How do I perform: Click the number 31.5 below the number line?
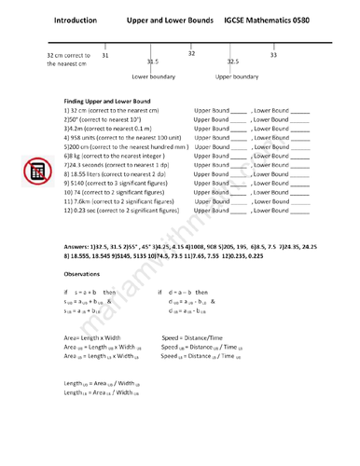pyautogui.click(x=152, y=62)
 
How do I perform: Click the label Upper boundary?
pyautogui.click(x=236, y=77)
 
